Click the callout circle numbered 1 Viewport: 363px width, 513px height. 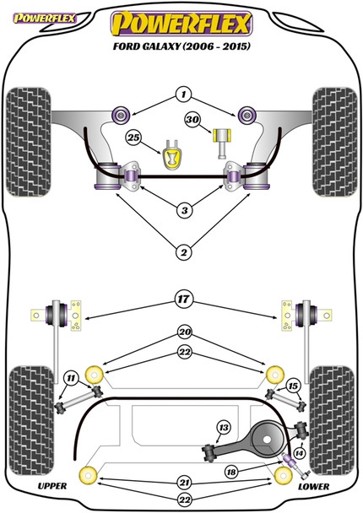point(183,94)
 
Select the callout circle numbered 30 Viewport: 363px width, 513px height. point(192,120)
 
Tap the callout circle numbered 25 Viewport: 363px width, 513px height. point(133,138)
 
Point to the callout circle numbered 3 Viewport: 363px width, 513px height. point(184,210)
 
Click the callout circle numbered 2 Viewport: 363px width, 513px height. point(184,252)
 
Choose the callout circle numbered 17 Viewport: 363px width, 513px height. point(184,299)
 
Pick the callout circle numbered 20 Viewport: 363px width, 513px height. point(185,332)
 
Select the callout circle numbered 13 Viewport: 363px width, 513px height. point(224,427)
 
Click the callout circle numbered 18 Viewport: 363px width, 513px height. point(231,472)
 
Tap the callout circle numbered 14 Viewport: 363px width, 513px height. point(299,453)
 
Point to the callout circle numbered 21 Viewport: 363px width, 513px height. point(184,483)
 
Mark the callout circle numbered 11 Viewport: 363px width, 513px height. point(71,379)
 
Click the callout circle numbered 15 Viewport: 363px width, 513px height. point(293,386)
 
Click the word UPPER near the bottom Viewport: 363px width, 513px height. point(52,486)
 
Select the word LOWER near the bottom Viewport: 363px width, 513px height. point(313,487)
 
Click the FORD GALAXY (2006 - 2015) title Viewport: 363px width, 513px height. point(181,46)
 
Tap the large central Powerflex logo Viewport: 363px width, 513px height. point(181,24)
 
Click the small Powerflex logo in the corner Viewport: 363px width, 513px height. point(44,19)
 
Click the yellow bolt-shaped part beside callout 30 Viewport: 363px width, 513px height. point(222,143)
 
